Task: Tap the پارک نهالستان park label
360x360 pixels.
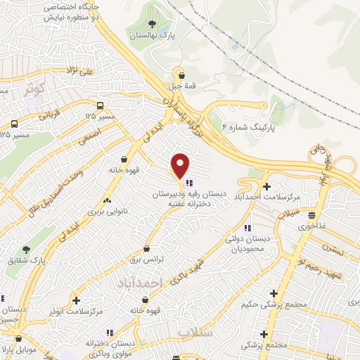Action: [x=153, y=34]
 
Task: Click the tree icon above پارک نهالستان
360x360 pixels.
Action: [x=152, y=24]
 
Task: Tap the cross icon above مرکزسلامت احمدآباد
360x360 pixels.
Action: [x=266, y=186]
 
